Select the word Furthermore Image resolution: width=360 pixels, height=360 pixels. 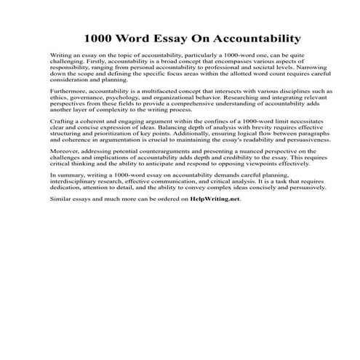point(67,92)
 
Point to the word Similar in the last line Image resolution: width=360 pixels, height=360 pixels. point(60,199)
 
